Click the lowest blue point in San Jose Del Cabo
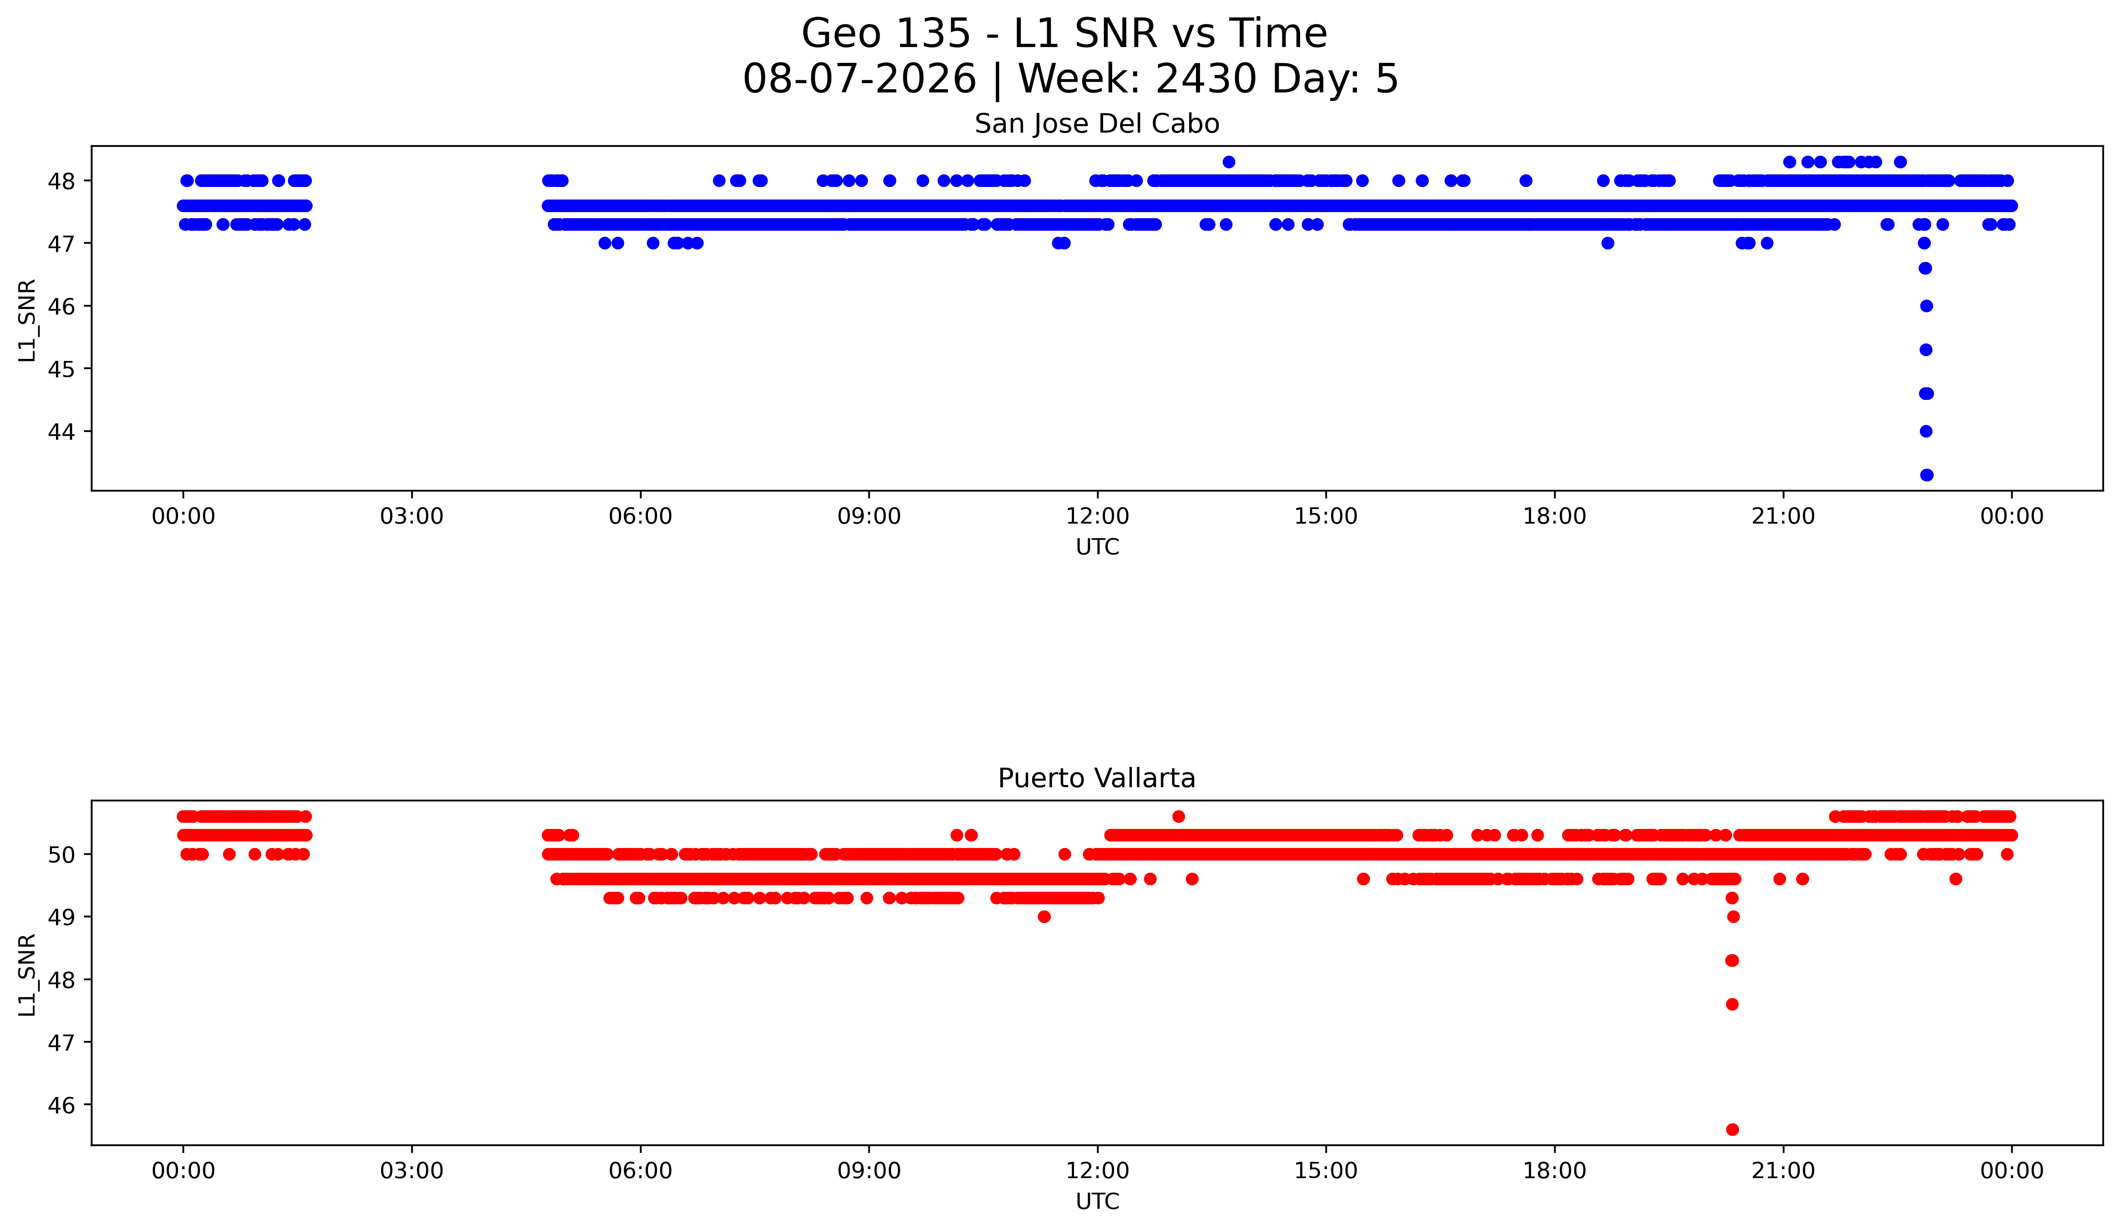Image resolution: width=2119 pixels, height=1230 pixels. pos(1926,475)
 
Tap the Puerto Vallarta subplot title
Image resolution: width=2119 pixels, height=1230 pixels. pos(1097,779)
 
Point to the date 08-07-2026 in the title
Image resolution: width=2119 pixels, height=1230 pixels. pos(859,79)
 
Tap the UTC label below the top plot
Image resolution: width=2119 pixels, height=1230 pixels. pos(1097,547)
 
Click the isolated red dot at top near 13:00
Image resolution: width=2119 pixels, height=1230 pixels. pos(1178,816)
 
